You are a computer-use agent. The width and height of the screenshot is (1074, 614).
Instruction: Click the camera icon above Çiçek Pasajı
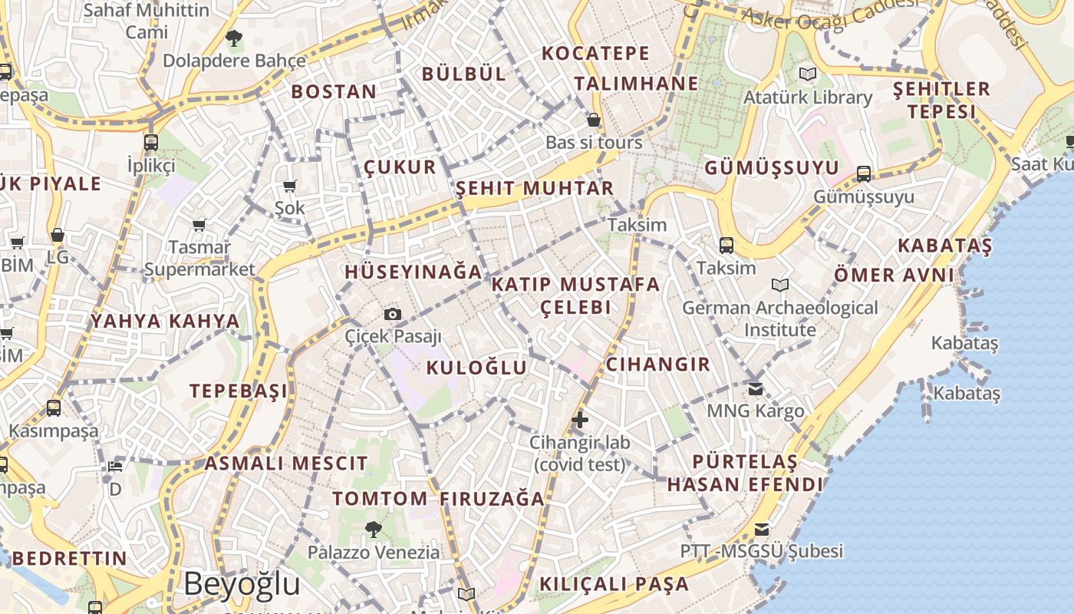click(x=392, y=314)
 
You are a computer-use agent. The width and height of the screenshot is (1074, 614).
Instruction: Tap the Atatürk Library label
click(x=808, y=97)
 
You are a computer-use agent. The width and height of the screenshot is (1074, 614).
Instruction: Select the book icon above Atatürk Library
click(x=807, y=74)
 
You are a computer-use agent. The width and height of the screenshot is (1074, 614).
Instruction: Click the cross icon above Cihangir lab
click(x=580, y=419)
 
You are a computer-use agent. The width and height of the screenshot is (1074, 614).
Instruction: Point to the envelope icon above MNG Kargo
click(x=756, y=388)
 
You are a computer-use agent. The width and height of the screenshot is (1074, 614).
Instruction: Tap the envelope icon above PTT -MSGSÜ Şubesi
click(x=761, y=529)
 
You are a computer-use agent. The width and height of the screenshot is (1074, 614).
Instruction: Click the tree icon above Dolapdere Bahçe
click(x=234, y=37)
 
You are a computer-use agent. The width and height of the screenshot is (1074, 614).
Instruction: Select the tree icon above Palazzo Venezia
click(x=374, y=528)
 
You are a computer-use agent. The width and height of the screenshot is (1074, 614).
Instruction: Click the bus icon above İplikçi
click(x=151, y=142)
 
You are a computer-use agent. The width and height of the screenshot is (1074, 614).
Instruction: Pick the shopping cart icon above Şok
click(x=290, y=186)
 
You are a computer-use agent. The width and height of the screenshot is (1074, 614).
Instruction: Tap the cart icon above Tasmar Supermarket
click(x=199, y=225)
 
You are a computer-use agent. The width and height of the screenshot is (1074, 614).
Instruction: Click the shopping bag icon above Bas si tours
click(x=593, y=120)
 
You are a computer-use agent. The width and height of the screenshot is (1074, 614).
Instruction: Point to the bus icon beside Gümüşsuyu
click(x=864, y=173)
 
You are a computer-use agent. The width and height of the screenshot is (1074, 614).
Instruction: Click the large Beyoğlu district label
click(x=242, y=583)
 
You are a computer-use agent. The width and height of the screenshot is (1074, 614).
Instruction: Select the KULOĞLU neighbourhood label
click(x=476, y=368)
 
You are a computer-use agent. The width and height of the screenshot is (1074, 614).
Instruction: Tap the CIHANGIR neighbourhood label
click(x=658, y=364)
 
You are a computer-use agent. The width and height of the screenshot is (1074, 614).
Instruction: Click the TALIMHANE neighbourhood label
click(x=636, y=84)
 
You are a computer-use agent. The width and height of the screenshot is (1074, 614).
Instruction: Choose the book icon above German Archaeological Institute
click(x=780, y=285)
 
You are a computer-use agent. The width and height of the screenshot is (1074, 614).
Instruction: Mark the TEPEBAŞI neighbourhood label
click(x=239, y=391)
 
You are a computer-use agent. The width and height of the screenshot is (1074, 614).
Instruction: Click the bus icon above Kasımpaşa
click(x=54, y=408)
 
